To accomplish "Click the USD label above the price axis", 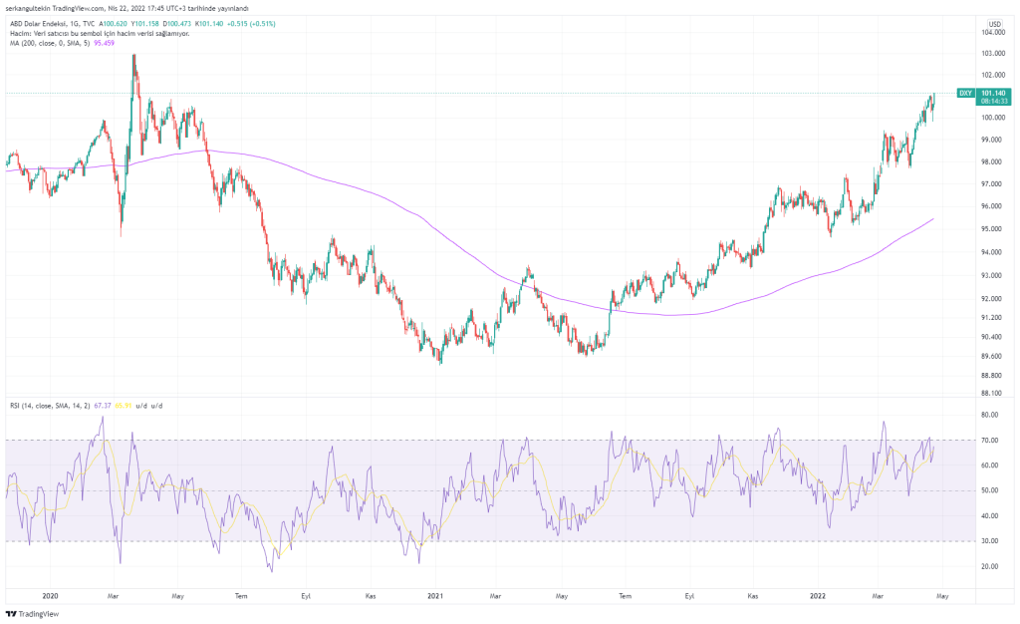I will [x=993, y=23].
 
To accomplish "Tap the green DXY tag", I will [x=964, y=93].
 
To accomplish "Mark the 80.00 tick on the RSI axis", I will [x=990, y=415].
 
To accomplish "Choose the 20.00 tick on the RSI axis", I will [x=990, y=566].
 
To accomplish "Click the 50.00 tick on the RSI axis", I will [x=990, y=490].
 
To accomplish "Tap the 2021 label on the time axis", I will [x=434, y=596].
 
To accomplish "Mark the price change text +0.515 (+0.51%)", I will [x=261, y=23].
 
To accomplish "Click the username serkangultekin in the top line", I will [x=34, y=8].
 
